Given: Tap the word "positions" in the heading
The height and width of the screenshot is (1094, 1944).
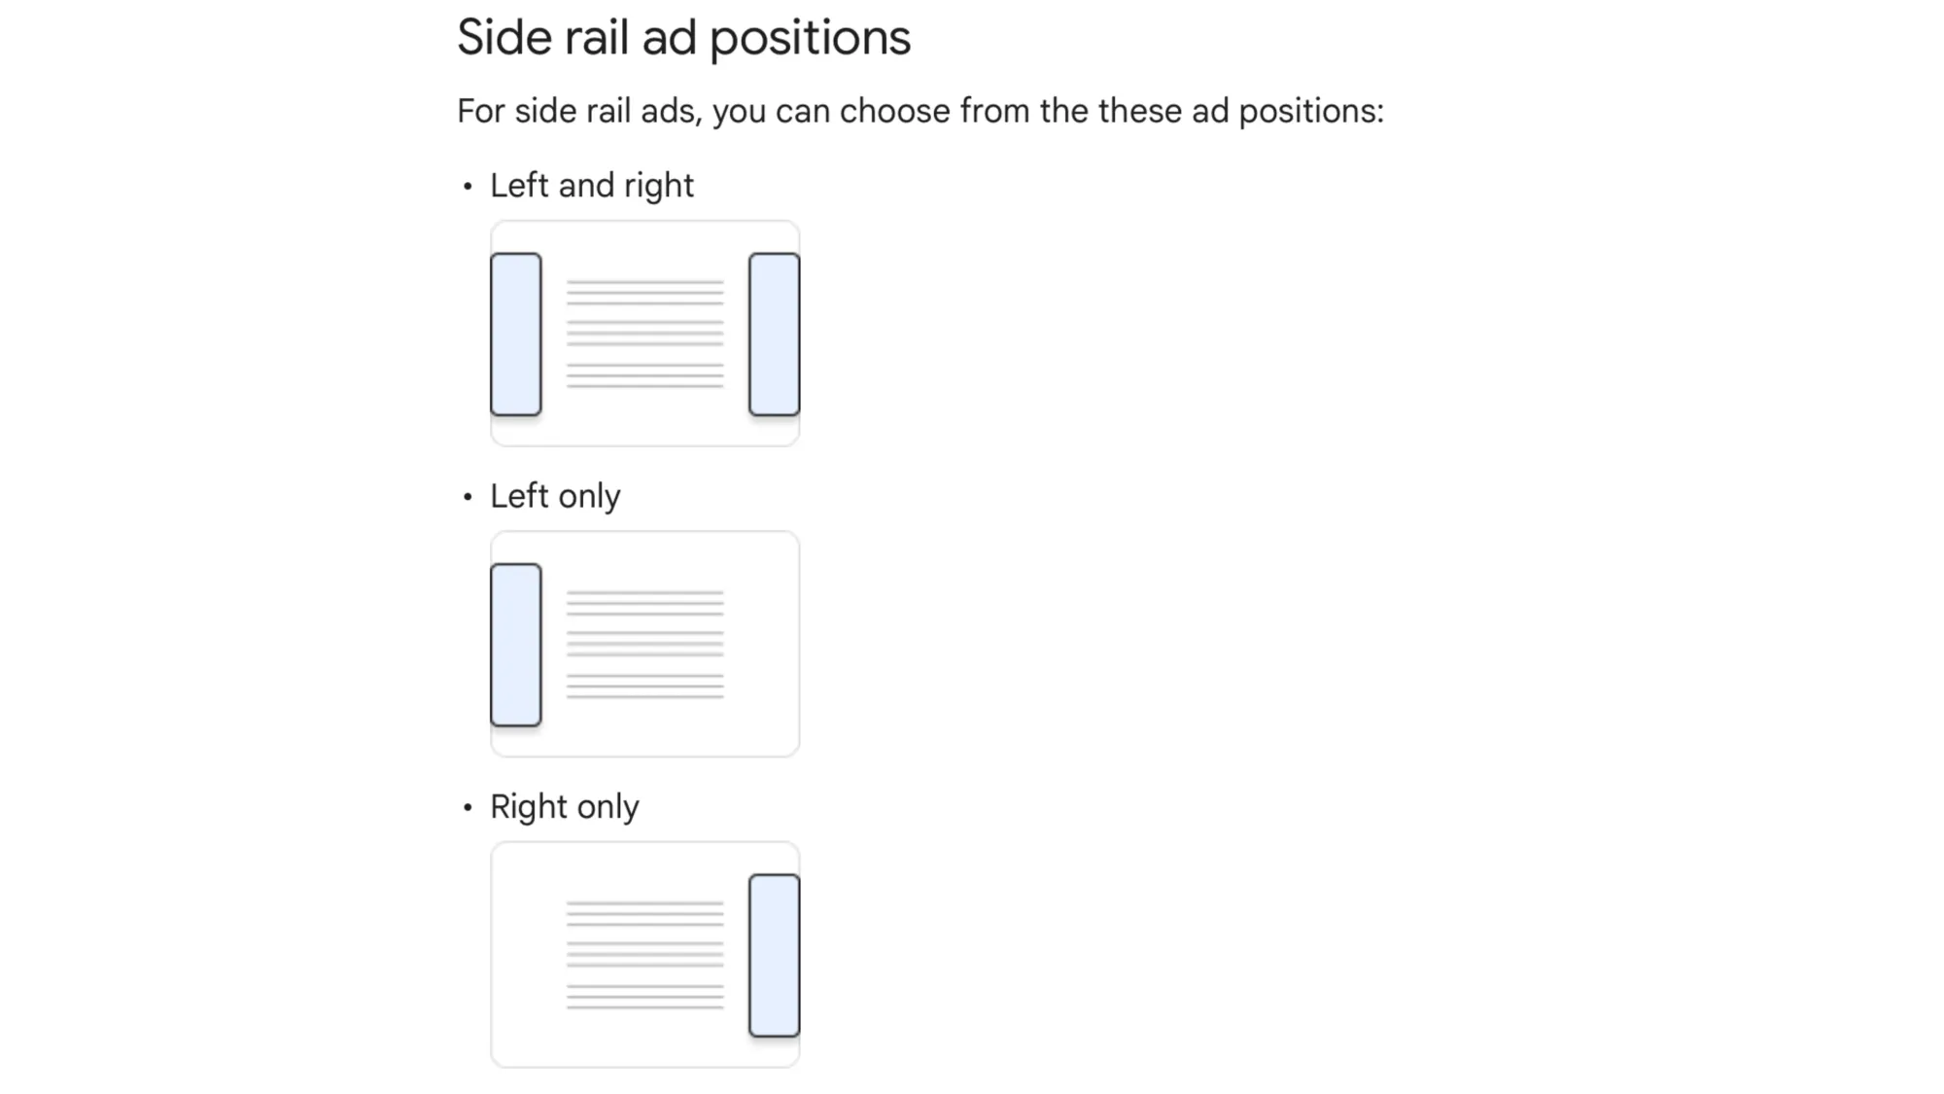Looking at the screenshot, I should (x=810, y=40).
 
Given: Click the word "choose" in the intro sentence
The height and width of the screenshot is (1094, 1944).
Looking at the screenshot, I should (x=894, y=111).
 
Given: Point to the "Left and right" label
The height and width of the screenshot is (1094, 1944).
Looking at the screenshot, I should (x=591, y=186).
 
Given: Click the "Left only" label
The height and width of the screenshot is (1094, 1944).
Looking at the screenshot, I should (x=554, y=496).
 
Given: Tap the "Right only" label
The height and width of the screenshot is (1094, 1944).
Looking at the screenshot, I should (x=564, y=807).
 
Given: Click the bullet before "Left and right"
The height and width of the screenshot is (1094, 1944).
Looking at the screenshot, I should (x=468, y=186).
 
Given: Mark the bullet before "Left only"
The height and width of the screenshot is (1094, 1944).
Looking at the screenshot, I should (x=468, y=497).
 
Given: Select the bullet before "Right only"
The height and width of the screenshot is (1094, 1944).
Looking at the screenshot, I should (x=468, y=807).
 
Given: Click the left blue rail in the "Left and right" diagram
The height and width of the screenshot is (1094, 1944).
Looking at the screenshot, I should (x=516, y=335).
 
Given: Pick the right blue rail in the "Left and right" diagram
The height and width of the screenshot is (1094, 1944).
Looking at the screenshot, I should (x=774, y=335).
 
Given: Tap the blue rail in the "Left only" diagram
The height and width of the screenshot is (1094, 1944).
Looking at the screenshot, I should (x=516, y=645).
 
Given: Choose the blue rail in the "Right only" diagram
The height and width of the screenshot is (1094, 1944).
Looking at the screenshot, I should (x=774, y=955).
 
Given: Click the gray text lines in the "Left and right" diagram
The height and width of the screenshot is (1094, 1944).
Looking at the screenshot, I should (x=645, y=335).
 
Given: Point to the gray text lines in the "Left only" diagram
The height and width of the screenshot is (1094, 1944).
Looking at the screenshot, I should (x=645, y=645).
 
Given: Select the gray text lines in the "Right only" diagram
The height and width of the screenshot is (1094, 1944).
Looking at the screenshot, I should (x=645, y=955).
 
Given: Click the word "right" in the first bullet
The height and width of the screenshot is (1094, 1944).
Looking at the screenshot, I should (x=659, y=186).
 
